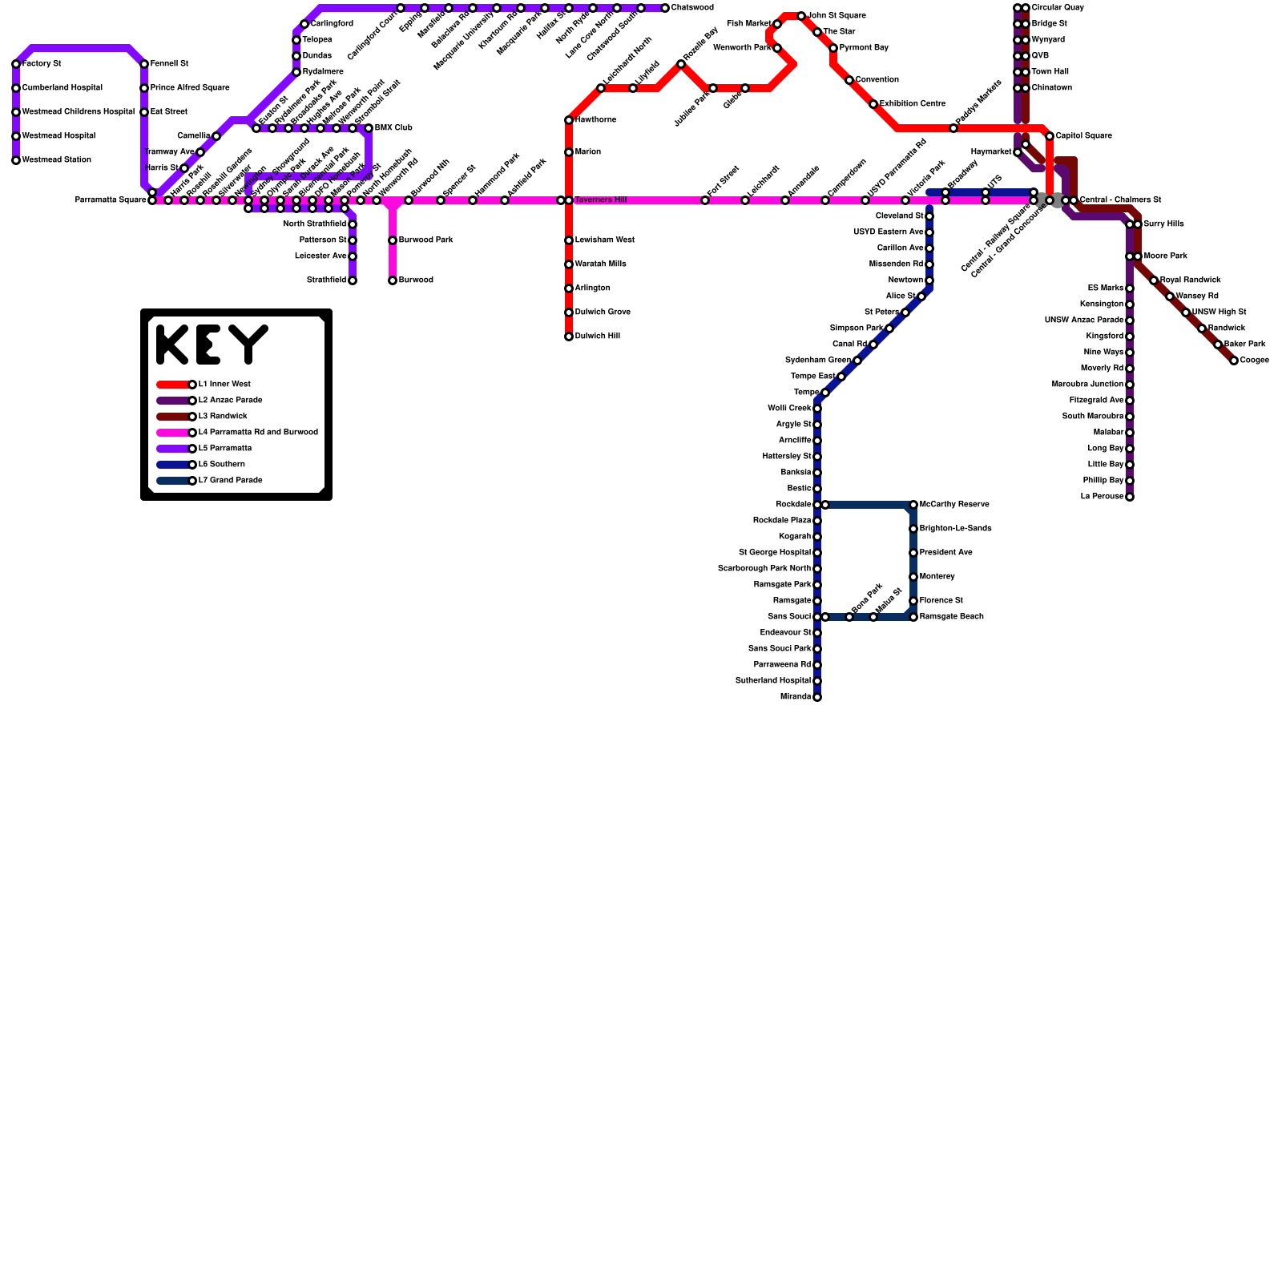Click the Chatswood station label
[x=692, y=8]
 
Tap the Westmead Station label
[x=56, y=160]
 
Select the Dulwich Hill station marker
[x=569, y=337]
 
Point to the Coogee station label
[x=1254, y=361]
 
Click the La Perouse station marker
[x=1130, y=497]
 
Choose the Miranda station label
[x=795, y=697]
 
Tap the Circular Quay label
[x=1058, y=8]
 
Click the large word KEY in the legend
[x=212, y=345]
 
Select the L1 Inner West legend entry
[x=224, y=385]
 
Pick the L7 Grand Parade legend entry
[x=231, y=481]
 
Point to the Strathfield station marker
[x=353, y=280]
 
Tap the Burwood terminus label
[x=416, y=280]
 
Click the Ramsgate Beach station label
[x=951, y=617]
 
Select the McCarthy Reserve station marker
[x=913, y=505]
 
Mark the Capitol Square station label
[x=1083, y=136]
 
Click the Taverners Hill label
[x=600, y=200]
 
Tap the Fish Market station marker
[x=777, y=24]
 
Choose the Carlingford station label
[x=332, y=24]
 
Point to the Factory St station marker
[x=16, y=64]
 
